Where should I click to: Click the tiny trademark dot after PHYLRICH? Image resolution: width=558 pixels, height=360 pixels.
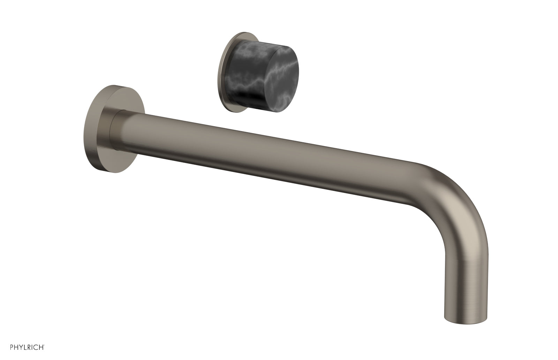[x=44, y=346]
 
